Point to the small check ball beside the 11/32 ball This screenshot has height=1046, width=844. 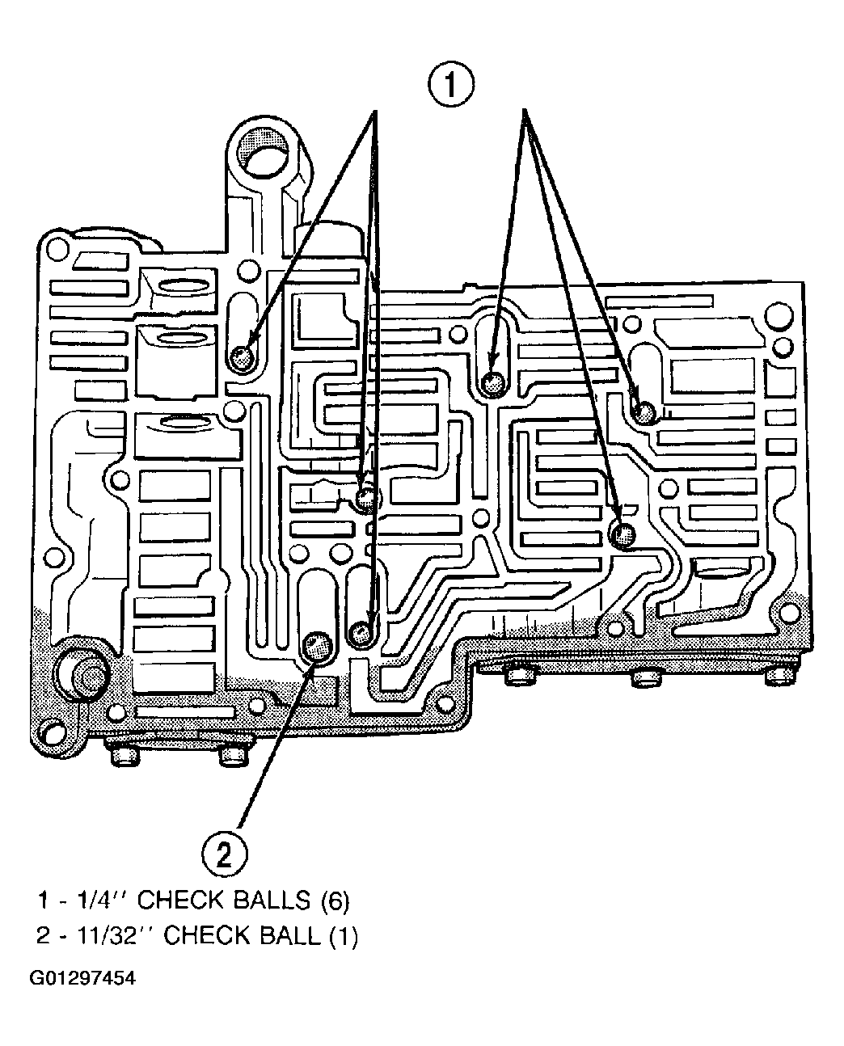tap(361, 633)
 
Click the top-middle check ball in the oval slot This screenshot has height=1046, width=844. tap(493, 383)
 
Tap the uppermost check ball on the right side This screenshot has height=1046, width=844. tap(645, 411)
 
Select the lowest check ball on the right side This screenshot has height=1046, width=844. tap(623, 536)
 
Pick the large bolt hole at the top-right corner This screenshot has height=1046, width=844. tap(779, 316)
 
